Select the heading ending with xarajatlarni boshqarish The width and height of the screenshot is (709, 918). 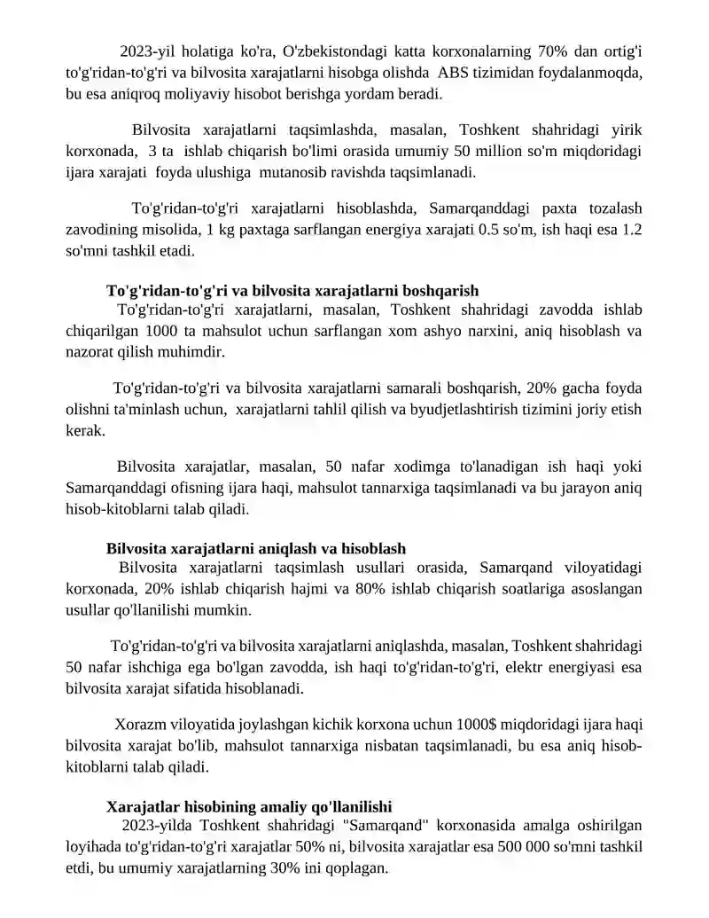pyautogui.click(x=292, y=290)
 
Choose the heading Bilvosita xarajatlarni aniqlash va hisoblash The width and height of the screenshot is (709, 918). pyautogui.click(x=256, y=548)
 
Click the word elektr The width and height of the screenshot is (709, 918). pyautogui.click(x=472, y=667)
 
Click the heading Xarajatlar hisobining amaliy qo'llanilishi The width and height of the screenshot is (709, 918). pyautogui.click(x=249, y=807)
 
